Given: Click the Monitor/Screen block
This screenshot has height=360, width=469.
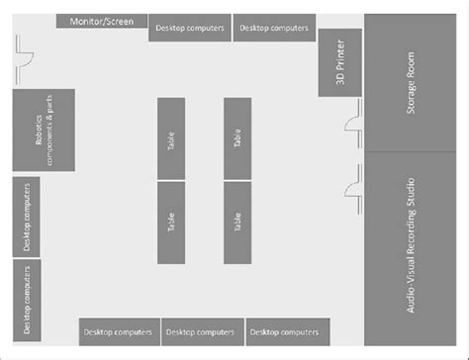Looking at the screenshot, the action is (x=102, y=21).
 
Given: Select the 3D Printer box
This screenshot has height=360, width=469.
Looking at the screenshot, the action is (x=340, y=62).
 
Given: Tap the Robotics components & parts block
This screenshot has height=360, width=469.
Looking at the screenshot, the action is (x=44, y=130).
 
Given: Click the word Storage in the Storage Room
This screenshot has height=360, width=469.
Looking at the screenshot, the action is (x=410, y=97).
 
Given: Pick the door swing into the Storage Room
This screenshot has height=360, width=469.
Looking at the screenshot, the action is (x=353, y=124).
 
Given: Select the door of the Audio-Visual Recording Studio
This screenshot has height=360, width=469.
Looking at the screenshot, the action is (x=353, y=189).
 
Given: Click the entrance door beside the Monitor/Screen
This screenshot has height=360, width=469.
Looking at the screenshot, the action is (x=24, y=60).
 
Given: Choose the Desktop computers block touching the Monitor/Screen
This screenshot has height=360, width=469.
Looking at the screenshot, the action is (x=190, y=28).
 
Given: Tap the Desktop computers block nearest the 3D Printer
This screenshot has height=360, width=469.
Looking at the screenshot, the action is (x=274, y=28).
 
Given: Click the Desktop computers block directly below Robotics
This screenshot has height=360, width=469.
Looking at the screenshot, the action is (x=27, y=217).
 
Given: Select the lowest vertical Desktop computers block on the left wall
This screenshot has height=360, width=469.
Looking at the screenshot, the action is (x=27, y=301).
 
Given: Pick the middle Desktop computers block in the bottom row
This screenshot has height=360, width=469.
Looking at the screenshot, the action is (x=203, y=332).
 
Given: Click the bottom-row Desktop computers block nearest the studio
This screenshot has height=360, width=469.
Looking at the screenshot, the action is (x=288, y=332).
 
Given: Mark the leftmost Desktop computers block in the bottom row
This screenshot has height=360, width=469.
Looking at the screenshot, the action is (x=120, y=332).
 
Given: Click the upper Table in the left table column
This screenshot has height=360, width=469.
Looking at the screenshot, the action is (x=171, y=138).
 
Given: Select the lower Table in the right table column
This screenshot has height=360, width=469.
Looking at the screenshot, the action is (x=237, y=223).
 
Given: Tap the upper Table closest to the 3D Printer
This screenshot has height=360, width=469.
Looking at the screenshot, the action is (x=237, y=138).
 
